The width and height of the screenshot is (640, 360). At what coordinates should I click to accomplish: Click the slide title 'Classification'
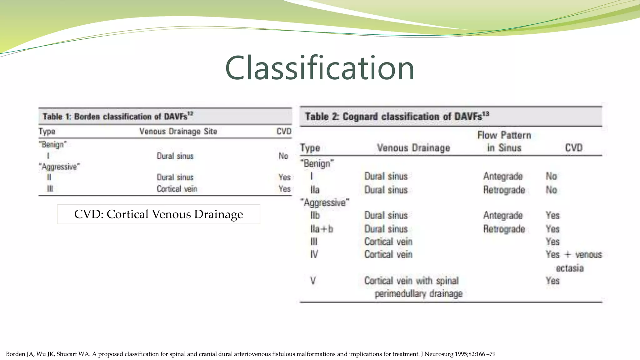(319, 68)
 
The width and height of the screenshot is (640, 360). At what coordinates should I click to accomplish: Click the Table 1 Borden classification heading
(118, 117)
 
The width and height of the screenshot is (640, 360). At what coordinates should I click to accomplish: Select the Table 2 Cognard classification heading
(397, 117)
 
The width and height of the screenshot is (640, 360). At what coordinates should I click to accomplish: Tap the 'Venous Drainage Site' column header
(178, 131)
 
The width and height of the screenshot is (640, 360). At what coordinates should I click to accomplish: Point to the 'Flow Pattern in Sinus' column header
(504, 141)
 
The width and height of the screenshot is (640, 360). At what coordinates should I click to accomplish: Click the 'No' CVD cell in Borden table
(283, 156)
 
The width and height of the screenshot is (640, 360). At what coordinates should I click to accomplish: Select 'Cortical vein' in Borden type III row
(177, 189)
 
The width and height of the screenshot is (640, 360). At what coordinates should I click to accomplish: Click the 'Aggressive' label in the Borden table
(59, 167)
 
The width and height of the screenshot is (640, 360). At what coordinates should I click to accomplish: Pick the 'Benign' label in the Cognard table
(317, 163)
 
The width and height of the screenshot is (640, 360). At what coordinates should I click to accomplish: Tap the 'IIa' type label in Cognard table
(315, 190)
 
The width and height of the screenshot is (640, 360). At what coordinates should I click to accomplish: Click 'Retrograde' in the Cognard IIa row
(504, 190)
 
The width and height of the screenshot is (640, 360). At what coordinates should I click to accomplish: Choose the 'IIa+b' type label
(322, 229)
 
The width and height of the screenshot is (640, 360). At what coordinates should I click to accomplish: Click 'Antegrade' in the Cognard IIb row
(503, 215)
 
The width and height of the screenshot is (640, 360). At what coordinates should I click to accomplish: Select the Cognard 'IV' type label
(314, 254)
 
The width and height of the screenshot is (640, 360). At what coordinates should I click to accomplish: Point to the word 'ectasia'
(569, 268)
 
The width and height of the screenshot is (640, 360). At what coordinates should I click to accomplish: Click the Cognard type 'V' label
(313, 281)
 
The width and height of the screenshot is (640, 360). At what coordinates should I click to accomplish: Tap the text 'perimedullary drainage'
(418, 294)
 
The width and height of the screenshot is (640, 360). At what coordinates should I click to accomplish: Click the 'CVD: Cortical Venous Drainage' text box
(158, 214)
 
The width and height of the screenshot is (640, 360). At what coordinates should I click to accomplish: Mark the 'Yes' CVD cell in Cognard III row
(552, 242)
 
